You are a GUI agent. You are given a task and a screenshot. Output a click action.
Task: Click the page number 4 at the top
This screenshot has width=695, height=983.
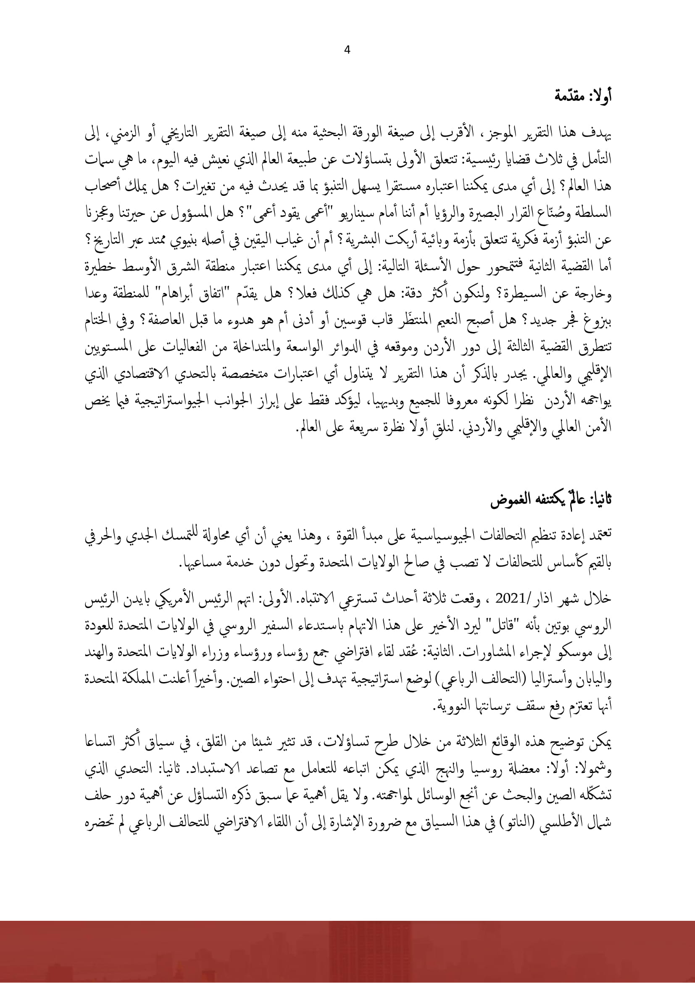347,50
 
